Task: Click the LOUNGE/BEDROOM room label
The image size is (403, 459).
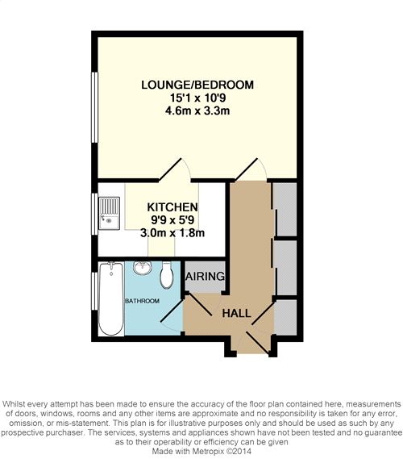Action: pyautogui.click(x=197, y=85)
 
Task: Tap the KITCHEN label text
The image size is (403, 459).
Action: pyautogui.click(x=172, y=207)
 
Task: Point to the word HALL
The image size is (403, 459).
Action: pyautogui.click(x=237, y=314)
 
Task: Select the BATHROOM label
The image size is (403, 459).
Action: pyautogui.click(x=143, y=301)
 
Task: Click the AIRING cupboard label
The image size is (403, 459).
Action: pyautogui.click(x=206, y=277)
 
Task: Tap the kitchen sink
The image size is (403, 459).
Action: pyautogui.click(x=109, y=213)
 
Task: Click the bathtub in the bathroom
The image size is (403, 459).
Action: pyautogui.click(x=111, y=298)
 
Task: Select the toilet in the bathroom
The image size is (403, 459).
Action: pyautogui.click(x=167, y=275)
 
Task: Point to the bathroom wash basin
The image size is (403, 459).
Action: pyautogui.click(x=143, y=268)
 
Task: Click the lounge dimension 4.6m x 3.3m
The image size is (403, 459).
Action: pyautogui.click(x=197, y=111)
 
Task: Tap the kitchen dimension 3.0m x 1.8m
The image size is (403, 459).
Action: pyautogui.click(x=172, y=233)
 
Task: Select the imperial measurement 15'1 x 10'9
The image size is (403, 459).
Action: pyautogui.click(x=198, y=98)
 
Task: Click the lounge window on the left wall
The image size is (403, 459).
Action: pyautogui.click(x=94, y=107)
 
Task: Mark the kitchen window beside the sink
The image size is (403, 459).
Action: pyautogui.click(x=94, y=214)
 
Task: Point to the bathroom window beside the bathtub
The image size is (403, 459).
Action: pyautogui.click(x=94, y=290)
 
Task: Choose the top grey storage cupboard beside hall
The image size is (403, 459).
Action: pyautogui.click(x=285, y=209)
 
